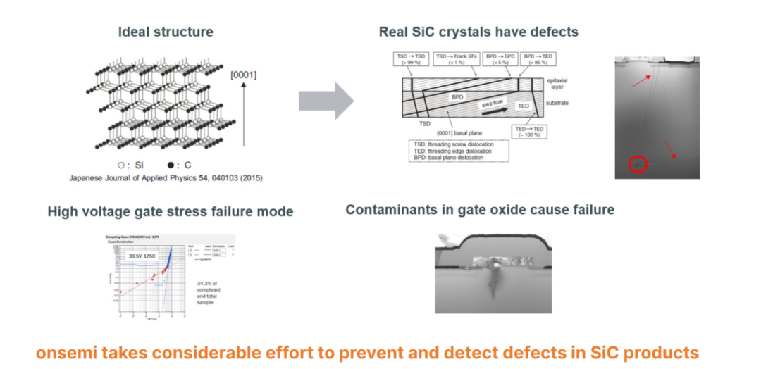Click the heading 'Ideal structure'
tap(166, 32)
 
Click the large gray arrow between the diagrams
tap(326, 100)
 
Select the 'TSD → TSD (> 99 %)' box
tap(410, 58)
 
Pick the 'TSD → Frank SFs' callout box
tap(456, 58)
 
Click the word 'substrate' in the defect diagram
tap(556, 104)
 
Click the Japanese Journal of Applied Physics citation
tap(166, 177)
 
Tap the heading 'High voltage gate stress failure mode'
tap(171, 211)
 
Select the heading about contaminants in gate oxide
tap(480, 210)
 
